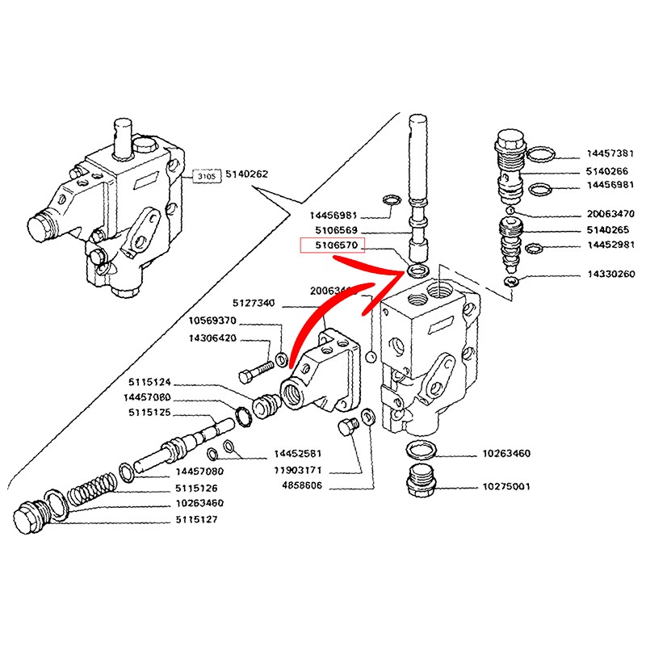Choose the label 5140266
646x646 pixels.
607,171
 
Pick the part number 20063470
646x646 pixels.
610,214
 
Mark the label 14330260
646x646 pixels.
610,275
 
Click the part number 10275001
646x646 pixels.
506,488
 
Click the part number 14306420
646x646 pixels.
212,338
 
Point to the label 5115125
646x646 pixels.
151,413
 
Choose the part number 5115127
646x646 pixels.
199,520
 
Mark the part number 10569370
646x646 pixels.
212,321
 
